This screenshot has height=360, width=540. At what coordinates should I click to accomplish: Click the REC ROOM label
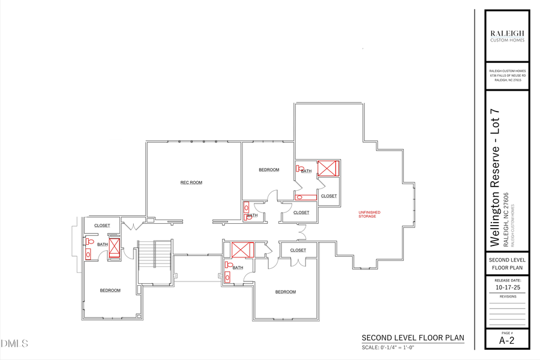pos(191,182)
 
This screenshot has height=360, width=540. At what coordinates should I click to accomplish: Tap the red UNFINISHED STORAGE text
pos(370,214)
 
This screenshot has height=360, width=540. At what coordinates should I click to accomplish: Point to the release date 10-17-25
pos(508,287)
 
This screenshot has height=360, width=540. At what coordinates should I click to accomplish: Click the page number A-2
pos(507,341)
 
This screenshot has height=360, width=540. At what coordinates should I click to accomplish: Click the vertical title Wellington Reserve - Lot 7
pos(495,178)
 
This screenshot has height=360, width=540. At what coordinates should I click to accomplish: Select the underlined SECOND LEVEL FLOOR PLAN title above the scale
pos(413,338)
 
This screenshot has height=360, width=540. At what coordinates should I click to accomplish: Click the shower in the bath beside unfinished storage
pos(328,167)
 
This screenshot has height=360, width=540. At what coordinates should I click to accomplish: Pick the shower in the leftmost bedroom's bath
pos(114,247)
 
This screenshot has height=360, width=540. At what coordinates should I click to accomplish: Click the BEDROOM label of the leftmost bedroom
pos(110,290)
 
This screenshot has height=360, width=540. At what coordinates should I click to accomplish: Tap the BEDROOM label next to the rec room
pos(269,170)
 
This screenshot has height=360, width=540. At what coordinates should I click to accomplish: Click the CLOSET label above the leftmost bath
pos(102,226)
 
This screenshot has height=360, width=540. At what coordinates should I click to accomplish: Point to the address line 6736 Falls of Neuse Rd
pos(508,76)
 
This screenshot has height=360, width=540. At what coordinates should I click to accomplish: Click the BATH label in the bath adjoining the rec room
pos(253,215)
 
